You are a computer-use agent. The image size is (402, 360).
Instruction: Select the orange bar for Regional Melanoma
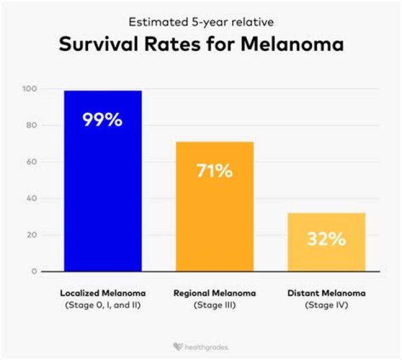point(214,206)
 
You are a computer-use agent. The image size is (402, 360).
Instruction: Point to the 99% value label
point(103,120)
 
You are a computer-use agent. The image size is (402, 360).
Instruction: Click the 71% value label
point(214,170)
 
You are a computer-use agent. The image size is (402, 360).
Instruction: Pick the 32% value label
point(326,239)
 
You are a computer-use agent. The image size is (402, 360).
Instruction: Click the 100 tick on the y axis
point(30,89)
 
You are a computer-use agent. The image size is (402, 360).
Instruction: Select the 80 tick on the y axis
point(32,125)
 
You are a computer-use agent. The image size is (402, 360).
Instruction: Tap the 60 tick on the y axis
point(32,162)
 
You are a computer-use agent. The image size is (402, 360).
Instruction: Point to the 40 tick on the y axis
point(32,198)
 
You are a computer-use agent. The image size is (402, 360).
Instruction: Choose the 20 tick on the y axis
point(32,235)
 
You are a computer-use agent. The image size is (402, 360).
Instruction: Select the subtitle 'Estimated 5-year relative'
point(200,23)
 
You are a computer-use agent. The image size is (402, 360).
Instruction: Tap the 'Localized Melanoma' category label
point(103,293)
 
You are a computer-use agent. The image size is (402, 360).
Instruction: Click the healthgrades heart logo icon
point(177,347)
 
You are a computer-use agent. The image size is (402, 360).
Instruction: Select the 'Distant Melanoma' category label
point(326,293)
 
